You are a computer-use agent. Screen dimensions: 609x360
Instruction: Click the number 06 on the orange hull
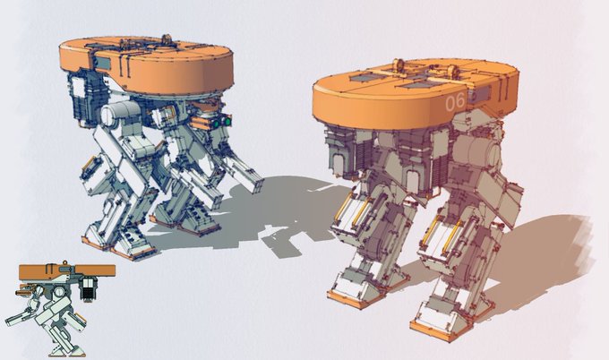(x=455, y=102)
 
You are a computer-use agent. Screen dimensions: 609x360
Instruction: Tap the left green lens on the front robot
(x=216, y=124)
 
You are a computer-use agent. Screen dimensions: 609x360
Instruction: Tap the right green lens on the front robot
(x=227, y=122)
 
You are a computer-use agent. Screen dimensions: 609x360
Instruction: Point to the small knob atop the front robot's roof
(x=167, y=39)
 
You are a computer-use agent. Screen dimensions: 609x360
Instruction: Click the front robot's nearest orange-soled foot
(x=133, y=248)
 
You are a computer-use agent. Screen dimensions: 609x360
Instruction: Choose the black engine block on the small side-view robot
(x=88, y=288)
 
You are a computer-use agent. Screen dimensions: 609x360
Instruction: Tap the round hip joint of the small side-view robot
(x=59, y=292)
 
